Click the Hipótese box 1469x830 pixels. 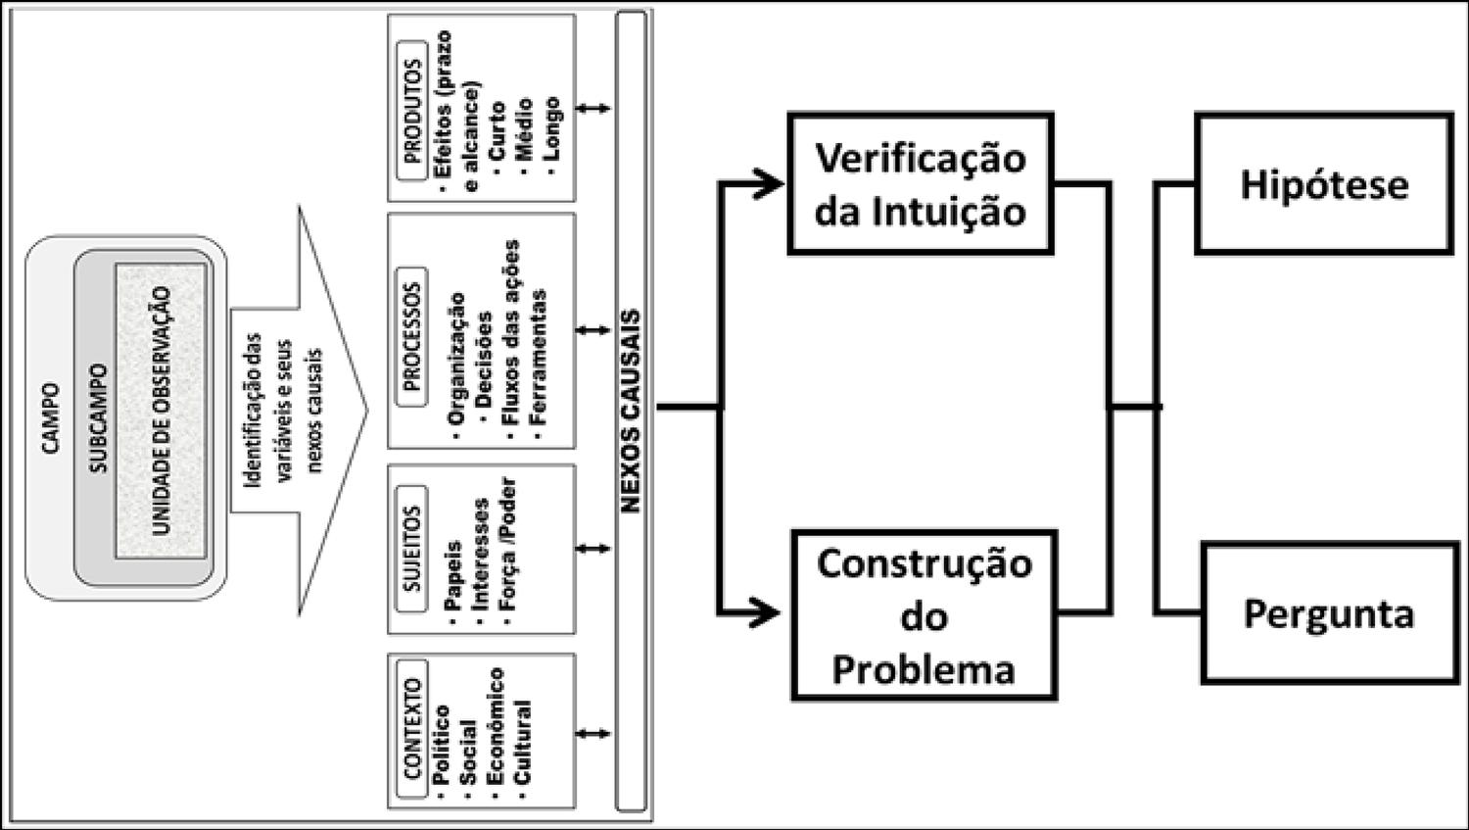[x=1323, y=184]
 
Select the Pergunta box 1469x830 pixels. [x=1329, y=614]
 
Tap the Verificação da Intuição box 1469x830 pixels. [x=920, y=184]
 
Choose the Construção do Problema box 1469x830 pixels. [x=924, y=615]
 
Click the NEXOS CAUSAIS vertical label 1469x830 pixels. [x=631, y=411]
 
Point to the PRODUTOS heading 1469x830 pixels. [x=412, y=110]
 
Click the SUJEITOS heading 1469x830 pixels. [x=412, y=550]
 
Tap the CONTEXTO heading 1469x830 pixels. [x=412, y=730]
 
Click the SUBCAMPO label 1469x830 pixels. [x=98, y=418]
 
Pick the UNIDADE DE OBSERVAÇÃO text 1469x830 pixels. [x=162, y=411]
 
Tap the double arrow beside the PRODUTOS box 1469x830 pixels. [x=592, y=109]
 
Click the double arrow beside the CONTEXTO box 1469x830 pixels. [x=592, y=733]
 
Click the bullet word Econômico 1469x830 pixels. [x=495, y=726]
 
